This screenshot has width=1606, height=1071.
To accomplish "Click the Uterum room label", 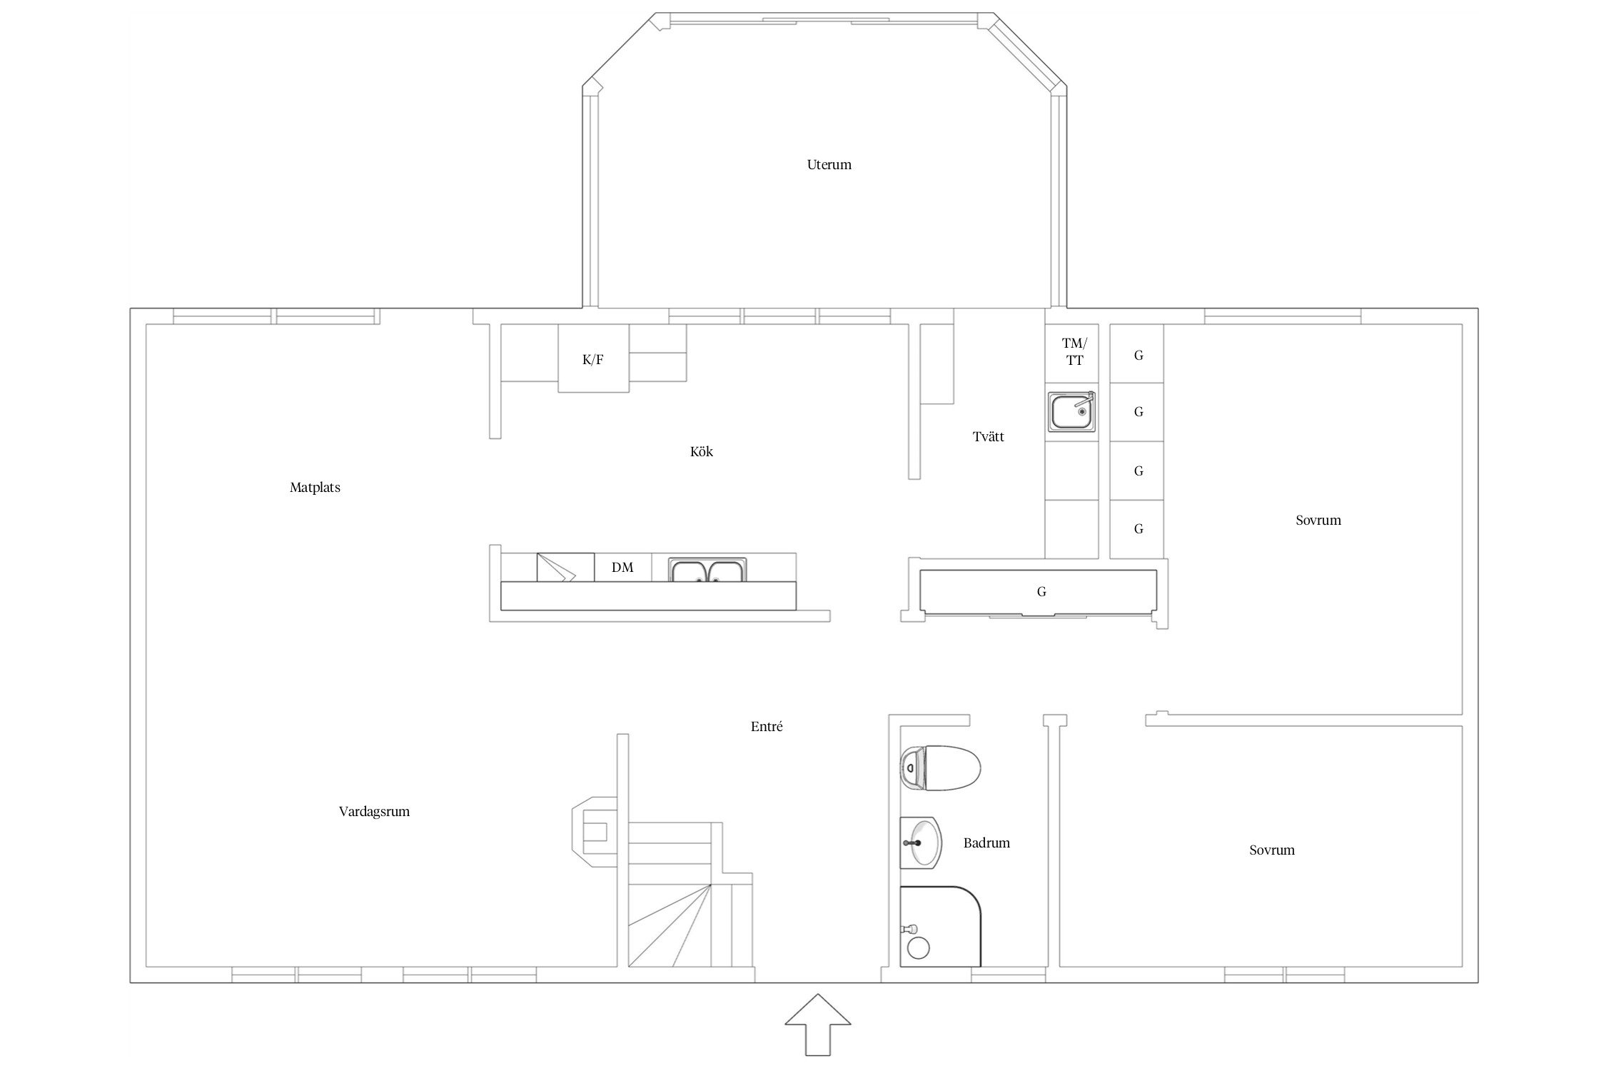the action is (829, 165).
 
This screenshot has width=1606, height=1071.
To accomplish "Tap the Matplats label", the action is (315, 488).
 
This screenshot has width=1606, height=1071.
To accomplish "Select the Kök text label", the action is (702, 451).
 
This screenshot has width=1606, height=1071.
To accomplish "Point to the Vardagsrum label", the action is (374, 812).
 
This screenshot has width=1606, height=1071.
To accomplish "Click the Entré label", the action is (767, 726).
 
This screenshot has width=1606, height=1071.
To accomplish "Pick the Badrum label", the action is (986, 843).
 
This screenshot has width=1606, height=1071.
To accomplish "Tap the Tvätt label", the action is (988, 436).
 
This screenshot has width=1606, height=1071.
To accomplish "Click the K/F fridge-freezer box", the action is (593, 358).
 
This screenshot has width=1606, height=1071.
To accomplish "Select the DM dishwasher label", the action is (622, 568).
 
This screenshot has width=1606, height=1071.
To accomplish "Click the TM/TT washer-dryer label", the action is (1074, 352).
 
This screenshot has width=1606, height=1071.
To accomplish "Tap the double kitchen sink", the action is (707, 569).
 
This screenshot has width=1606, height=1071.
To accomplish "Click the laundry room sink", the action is (1071, 411).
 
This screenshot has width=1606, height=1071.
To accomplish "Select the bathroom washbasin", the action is (921, 843).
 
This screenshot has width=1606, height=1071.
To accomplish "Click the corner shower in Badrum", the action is (941, 927).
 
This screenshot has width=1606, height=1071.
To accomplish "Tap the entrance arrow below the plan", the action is (817, 1024).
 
